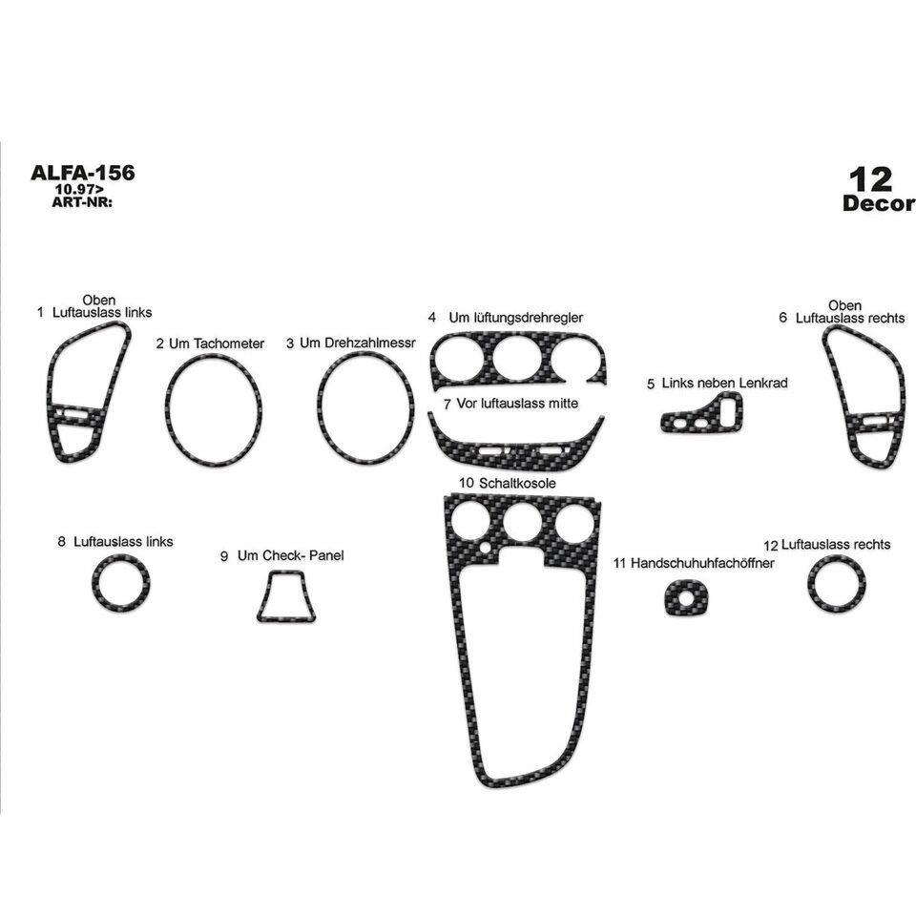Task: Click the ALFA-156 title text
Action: coord(83,173)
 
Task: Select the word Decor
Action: coord(879,203)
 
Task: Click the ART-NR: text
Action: coord(83,201)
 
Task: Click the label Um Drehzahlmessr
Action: coord(357,343)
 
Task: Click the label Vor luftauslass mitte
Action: coord(517,404)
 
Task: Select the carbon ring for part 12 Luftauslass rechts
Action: coord(837,602)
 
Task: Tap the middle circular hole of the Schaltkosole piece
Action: coord(522,524)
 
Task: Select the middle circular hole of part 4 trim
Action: coord(516,361)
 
